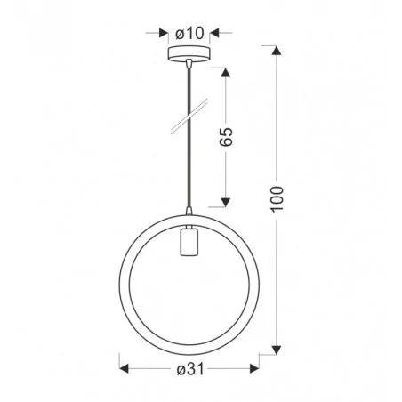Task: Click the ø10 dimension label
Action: pyautogui.click(x=190, y=34)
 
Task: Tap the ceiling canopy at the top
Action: pyautogui.click(x=189, y=53)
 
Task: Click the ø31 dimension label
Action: pyautogui.click(x=189, y=366)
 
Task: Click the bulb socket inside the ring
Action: pyautogui.click(x=189, y=243)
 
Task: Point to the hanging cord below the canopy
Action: pyautogui.click(x=189, y=160)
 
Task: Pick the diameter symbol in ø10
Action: pyautogui.click(x=181, y=34)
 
